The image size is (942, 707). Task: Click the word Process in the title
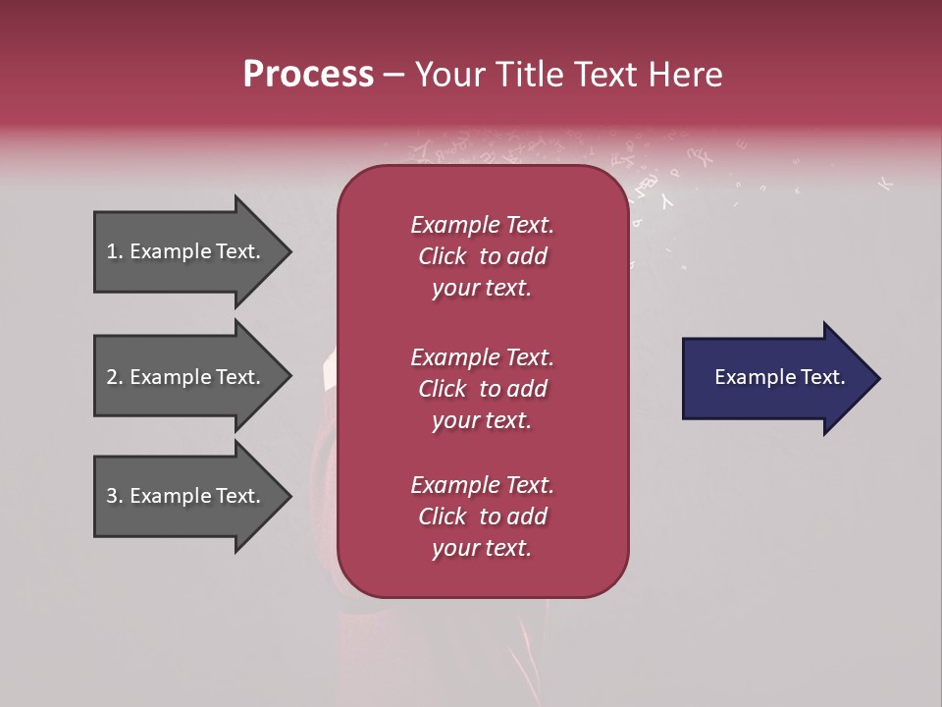(308, 75)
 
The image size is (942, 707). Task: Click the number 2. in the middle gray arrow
(115, 377)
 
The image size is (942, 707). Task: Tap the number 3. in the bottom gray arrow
(115, 496)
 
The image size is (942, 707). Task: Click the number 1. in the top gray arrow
(114, 251)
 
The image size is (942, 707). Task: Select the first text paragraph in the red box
(482, 256)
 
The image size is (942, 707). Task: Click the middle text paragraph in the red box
(482, 389)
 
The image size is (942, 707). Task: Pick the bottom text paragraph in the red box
(482, 517)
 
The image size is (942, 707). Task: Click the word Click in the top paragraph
(442, 256)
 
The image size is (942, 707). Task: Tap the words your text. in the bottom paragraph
(482, 548)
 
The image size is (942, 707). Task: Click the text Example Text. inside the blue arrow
(780, 377)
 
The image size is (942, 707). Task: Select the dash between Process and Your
(393, 76)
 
